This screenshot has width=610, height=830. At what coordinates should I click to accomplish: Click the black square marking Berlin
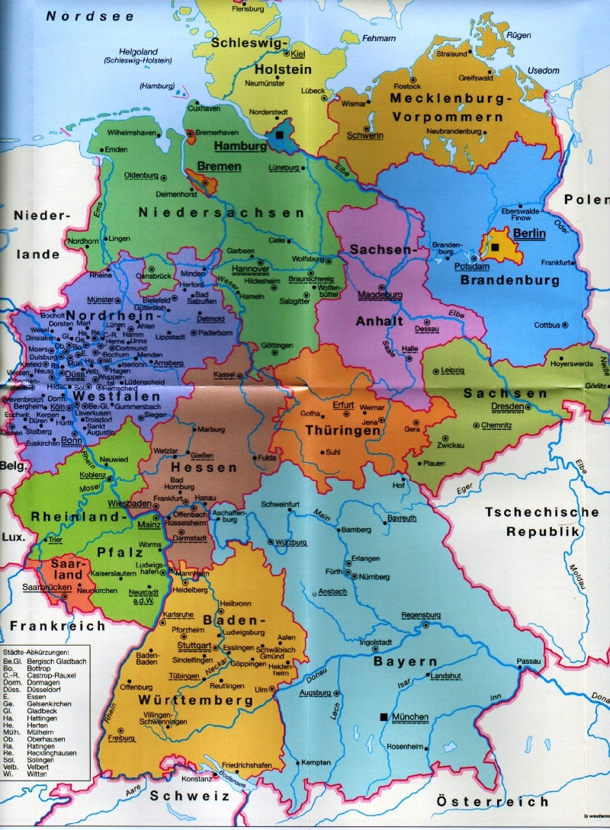point(495,248)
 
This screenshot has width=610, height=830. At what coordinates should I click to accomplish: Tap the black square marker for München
point(383,716)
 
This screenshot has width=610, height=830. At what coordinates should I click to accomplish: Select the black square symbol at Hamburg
point(280,135)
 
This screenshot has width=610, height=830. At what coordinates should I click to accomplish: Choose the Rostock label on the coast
point(407,87)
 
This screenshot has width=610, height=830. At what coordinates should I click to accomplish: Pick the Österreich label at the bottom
point(492,801)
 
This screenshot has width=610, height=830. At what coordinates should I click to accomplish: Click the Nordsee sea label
point(91,15)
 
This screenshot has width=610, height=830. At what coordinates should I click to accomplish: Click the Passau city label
point(528,661)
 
